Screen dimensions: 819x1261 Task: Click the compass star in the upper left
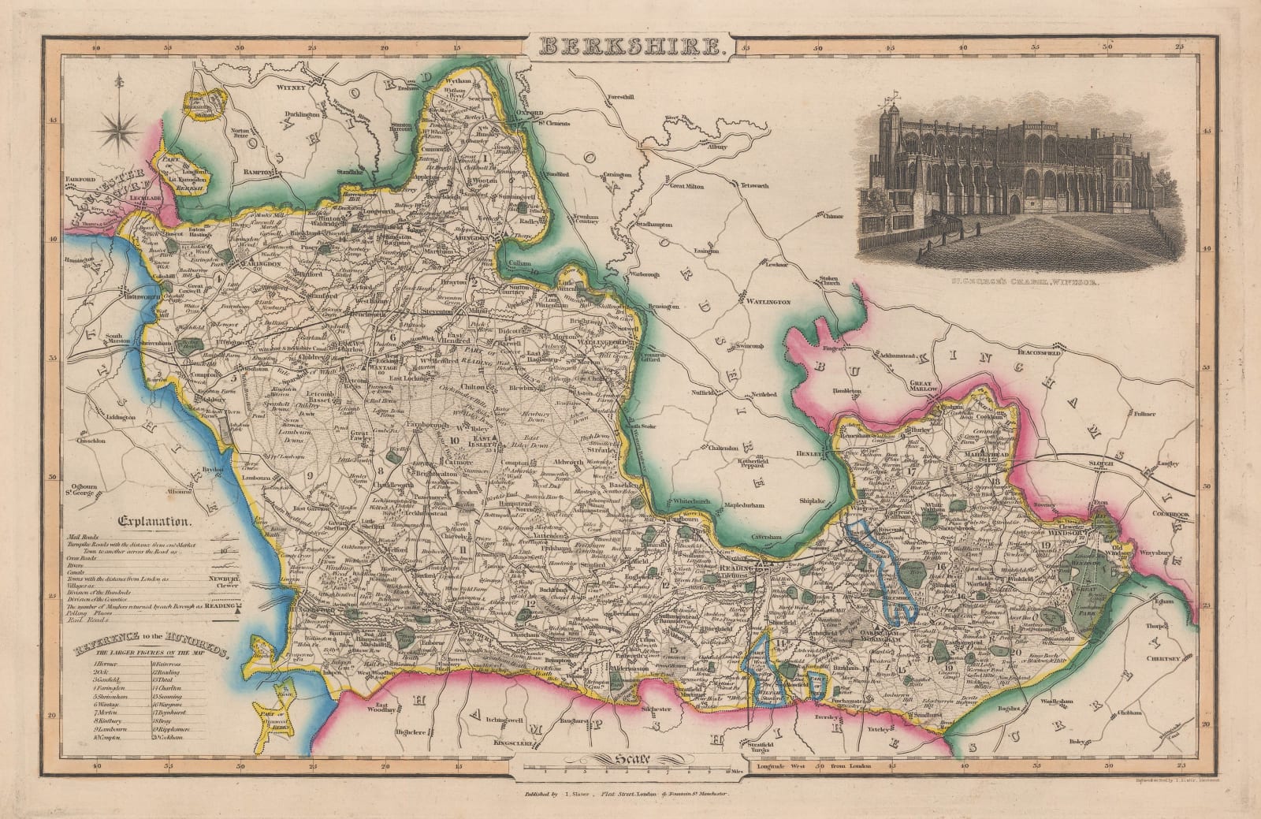[x=125, y=129]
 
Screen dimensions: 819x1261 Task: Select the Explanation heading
[x=154, y=522]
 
